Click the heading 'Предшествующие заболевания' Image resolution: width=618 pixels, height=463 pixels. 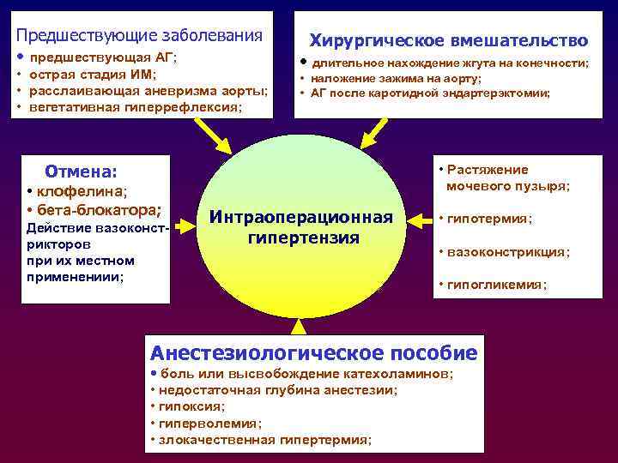(140, 35)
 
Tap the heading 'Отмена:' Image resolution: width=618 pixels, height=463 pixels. (81, 171)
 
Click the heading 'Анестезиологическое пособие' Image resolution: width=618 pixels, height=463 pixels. (313, 352)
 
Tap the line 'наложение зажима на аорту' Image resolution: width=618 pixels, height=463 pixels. (395, 78)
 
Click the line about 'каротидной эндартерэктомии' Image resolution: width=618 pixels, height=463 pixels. (429, 93)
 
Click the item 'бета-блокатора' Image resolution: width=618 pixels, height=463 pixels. (98, 209)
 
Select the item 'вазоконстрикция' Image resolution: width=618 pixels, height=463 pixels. (506, 252)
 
